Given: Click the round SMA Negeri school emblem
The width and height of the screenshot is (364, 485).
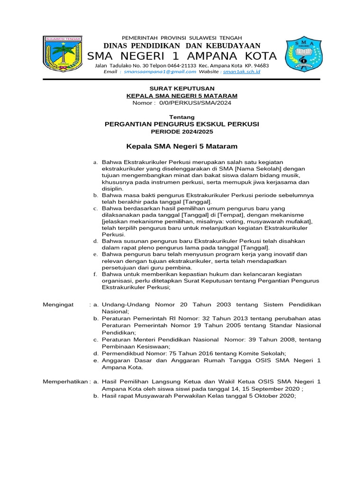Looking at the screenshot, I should pos(304,55).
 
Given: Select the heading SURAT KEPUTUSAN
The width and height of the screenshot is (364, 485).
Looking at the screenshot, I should pos(182,89).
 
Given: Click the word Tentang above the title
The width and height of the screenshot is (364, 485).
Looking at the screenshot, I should pos(182,117).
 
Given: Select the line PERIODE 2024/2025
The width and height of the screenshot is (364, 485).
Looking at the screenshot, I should pos(182,131).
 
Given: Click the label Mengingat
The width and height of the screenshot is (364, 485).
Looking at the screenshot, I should pos(58,304).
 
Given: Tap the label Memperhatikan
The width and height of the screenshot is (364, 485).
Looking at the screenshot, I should pos(65,381).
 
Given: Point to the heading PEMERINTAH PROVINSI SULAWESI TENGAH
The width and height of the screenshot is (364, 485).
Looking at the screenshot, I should pos(182,37).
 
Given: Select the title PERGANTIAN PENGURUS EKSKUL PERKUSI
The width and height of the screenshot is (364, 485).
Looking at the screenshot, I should pos(182,124).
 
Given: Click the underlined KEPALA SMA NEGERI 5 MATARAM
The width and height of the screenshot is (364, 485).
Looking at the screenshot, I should pos(182,96).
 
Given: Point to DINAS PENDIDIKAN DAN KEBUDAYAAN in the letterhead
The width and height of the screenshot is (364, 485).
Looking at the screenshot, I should pos(182,46).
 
